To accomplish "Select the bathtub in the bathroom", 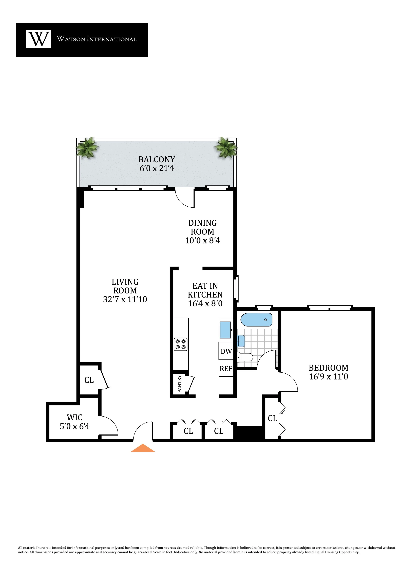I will point(256,320).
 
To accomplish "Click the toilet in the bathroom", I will point(246,357).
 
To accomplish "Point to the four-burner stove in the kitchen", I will point(180,344).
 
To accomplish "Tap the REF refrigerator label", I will point(226,369).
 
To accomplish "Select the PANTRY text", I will point(179,384).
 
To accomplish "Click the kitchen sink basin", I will point(225,330).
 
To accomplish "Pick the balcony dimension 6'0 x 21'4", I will point(157,168).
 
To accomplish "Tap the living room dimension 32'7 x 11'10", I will point(125,299).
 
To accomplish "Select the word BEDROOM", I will point(328,368).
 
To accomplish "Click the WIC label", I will point(74,417).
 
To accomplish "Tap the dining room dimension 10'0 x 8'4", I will point(202,240).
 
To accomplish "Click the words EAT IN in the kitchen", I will point(205,286).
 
